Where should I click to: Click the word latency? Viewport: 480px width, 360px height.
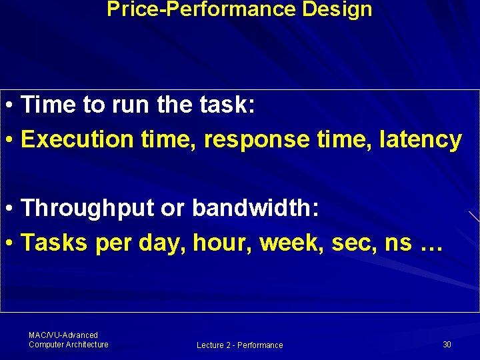tap(420, 140)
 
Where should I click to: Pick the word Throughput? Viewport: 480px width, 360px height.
tap(88, 209)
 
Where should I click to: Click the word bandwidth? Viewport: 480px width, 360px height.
tap(256, 209)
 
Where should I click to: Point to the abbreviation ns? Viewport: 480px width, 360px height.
tap(398, 243)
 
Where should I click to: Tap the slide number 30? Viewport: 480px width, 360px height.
tap(447, 344)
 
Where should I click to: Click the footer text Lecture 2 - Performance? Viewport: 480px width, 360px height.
tap(239, 345)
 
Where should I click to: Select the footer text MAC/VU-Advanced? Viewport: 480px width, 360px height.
tap(63, 335)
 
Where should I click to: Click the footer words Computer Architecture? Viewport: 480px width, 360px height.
tap(68, 345)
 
